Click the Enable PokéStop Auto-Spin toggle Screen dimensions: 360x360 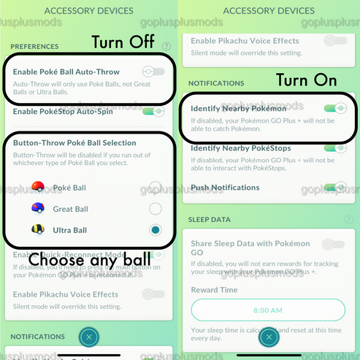[153, 112]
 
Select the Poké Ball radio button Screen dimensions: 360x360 [155, 188]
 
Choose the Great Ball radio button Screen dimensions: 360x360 [155, 209]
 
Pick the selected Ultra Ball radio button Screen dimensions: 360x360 [155, 230]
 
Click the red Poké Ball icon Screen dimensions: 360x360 [39, 188]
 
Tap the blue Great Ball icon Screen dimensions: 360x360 [39, 209]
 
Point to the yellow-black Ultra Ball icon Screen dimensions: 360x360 [39, 230]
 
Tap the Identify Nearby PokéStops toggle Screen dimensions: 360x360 [335, 148]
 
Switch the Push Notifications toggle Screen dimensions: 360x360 [335, 188]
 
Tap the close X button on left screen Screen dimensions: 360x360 [88, 337]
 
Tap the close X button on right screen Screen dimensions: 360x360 [269, 337]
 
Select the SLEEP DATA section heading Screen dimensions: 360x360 [210, 219]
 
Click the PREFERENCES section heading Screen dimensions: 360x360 [34, 46]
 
